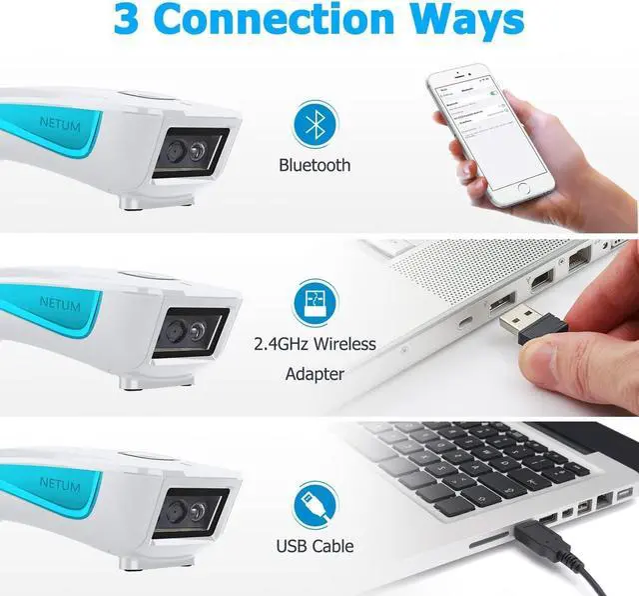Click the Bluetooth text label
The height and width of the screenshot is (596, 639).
[x=315, y=165]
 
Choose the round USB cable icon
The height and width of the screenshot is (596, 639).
[x=315, y=506]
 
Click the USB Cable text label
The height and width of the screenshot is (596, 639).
[x=315, y=546]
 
